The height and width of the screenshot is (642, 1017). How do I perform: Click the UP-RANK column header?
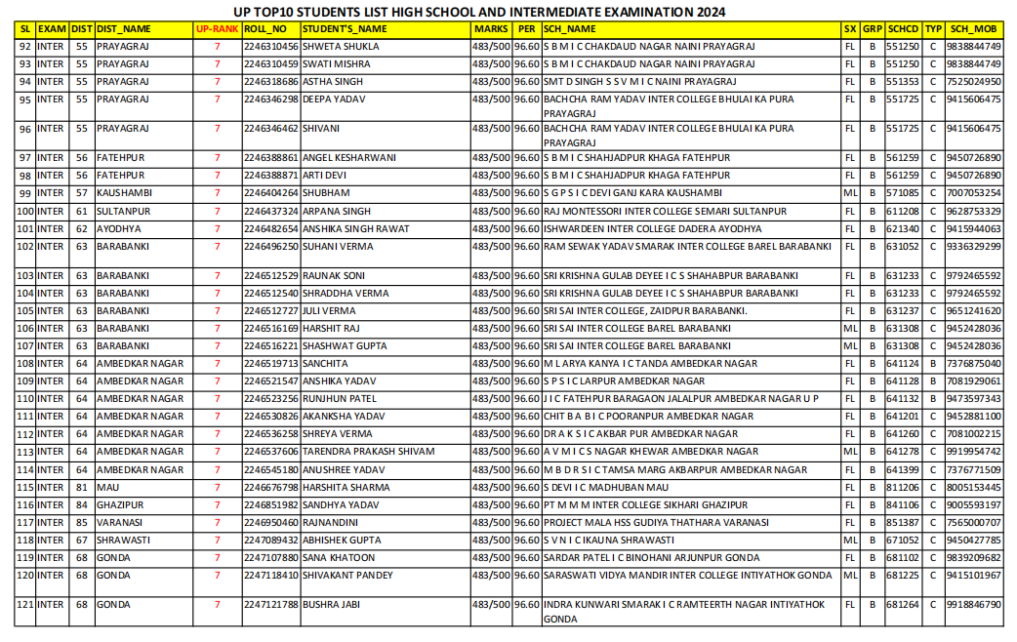click(x=217, y=29)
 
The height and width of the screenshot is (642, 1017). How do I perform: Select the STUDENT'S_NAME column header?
click(x=345, y=29)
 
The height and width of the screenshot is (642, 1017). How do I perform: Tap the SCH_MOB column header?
click(x=973, y=29)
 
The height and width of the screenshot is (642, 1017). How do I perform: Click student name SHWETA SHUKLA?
click(x=341, y=46)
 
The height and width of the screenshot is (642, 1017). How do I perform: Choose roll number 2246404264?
click(x=271, y=193)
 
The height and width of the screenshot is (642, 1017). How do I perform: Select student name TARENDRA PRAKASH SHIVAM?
click(x=367, y=452)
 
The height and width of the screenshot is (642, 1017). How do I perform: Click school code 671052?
click(x=903, y=540)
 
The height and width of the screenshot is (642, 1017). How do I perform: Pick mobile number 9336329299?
click(x=973, y=247)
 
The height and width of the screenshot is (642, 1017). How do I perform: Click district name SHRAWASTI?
click(x=123, y=540)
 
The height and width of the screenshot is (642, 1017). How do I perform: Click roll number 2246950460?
click(x=271, y=522)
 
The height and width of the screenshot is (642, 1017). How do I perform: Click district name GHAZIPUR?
click(x=120, y=504)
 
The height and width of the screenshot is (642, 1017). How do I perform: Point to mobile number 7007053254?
click(x=973, y=193)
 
